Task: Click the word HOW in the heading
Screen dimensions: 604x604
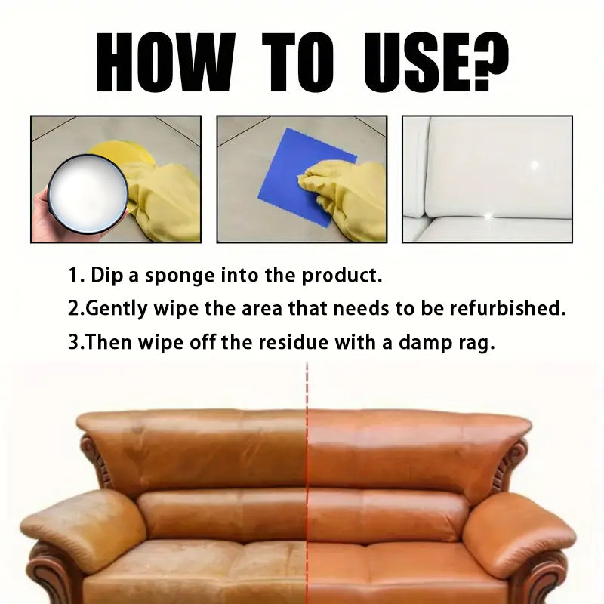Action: [165, 63]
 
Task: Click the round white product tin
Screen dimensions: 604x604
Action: [88, 195]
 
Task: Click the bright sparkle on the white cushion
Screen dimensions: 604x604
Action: [534, 165]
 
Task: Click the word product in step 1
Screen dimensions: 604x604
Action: [342, 276]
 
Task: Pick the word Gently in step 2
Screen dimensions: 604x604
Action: [116, 310]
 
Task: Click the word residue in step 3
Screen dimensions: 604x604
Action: [293, 342]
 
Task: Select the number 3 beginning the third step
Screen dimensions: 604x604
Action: [73, 342]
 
